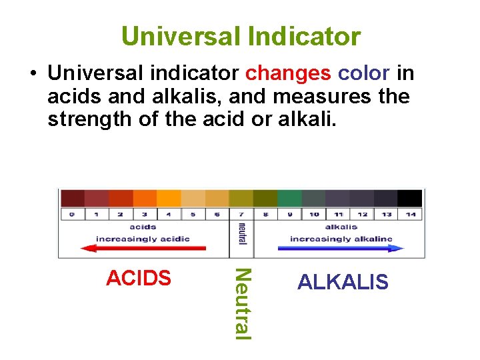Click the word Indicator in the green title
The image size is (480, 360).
(x=303, y=36)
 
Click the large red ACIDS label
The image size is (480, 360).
(x=139, y=278)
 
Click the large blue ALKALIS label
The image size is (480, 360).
(x=343, y=282)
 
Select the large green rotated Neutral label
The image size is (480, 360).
(x=243, y=303)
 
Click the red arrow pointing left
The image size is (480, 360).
(x=143, y=247)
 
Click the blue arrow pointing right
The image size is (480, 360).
(x=340, y=247)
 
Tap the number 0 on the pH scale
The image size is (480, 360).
(x=71, y=214)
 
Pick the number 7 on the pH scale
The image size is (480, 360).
(x=241, y=214)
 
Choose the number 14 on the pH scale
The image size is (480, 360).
(x=410, y=214)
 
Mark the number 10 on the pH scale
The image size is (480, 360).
(x=313, y=214)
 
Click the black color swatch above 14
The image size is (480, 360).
(x=410, y=198)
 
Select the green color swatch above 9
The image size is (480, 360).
(x=289, y=198)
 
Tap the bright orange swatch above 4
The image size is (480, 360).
(x=169, y=198)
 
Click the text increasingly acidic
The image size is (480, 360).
(x=143, y=239)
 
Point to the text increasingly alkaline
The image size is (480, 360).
(x=341, y=239)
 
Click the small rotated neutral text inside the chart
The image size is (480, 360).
(x=241, y=233)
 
